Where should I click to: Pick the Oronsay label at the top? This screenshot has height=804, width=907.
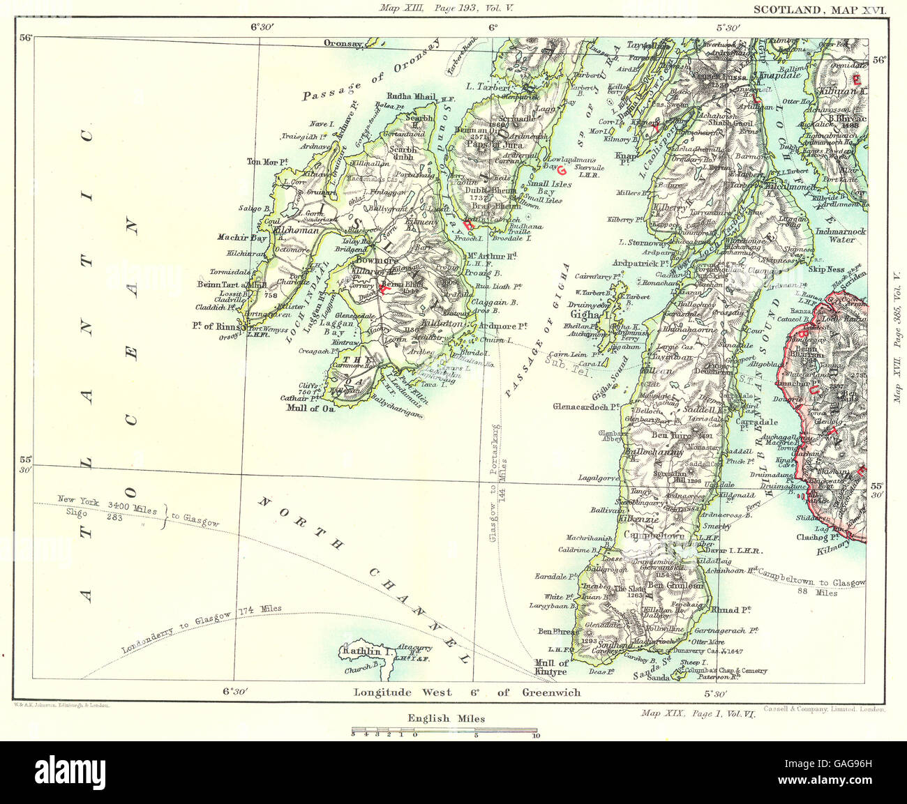click(343, 43)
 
